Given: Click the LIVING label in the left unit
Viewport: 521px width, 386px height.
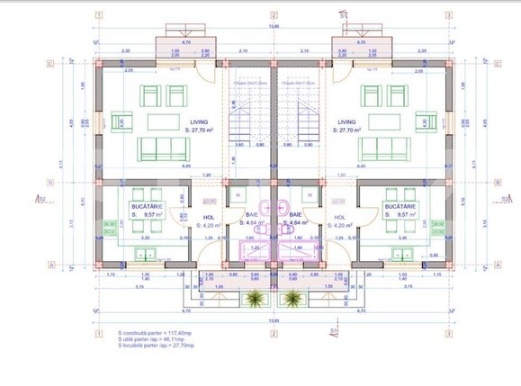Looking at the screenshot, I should [199, 121].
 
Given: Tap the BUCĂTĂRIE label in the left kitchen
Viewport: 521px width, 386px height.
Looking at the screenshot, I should [145, 208].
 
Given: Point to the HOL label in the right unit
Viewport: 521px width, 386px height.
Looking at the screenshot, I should [339, 217].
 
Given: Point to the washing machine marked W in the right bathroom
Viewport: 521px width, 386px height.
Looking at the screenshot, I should [310, 194].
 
